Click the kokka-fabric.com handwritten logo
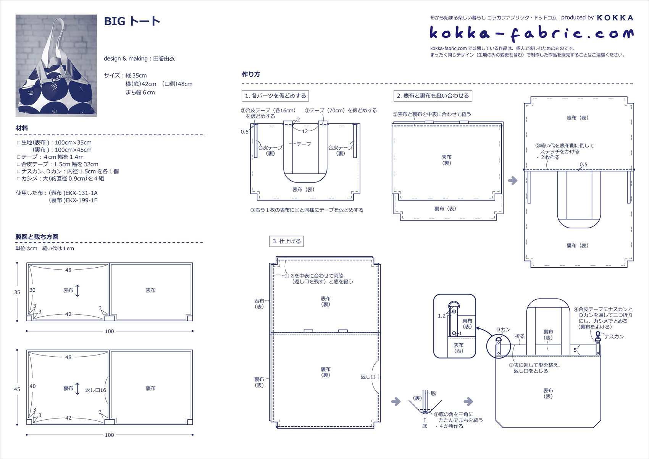[531, 33]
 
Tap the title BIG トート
[132, 21]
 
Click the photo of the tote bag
[56, 66]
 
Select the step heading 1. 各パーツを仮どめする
[275, 96]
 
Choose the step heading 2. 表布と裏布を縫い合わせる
[433, 96]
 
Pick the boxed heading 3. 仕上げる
[286, 241]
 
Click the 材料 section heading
[22, 128]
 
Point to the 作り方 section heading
[251, 74]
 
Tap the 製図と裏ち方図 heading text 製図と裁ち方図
[37, 237]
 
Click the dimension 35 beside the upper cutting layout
[17, 292]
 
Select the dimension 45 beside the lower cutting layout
[17, 389]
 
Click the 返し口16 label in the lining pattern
[95, 390]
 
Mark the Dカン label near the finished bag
[503, 330]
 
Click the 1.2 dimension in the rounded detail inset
[442, 316]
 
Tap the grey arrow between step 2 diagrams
[513, 180]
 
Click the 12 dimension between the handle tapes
[305, 131]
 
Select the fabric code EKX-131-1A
[81, 193]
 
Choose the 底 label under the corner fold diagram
[425, 426]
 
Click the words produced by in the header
[577, 18]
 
